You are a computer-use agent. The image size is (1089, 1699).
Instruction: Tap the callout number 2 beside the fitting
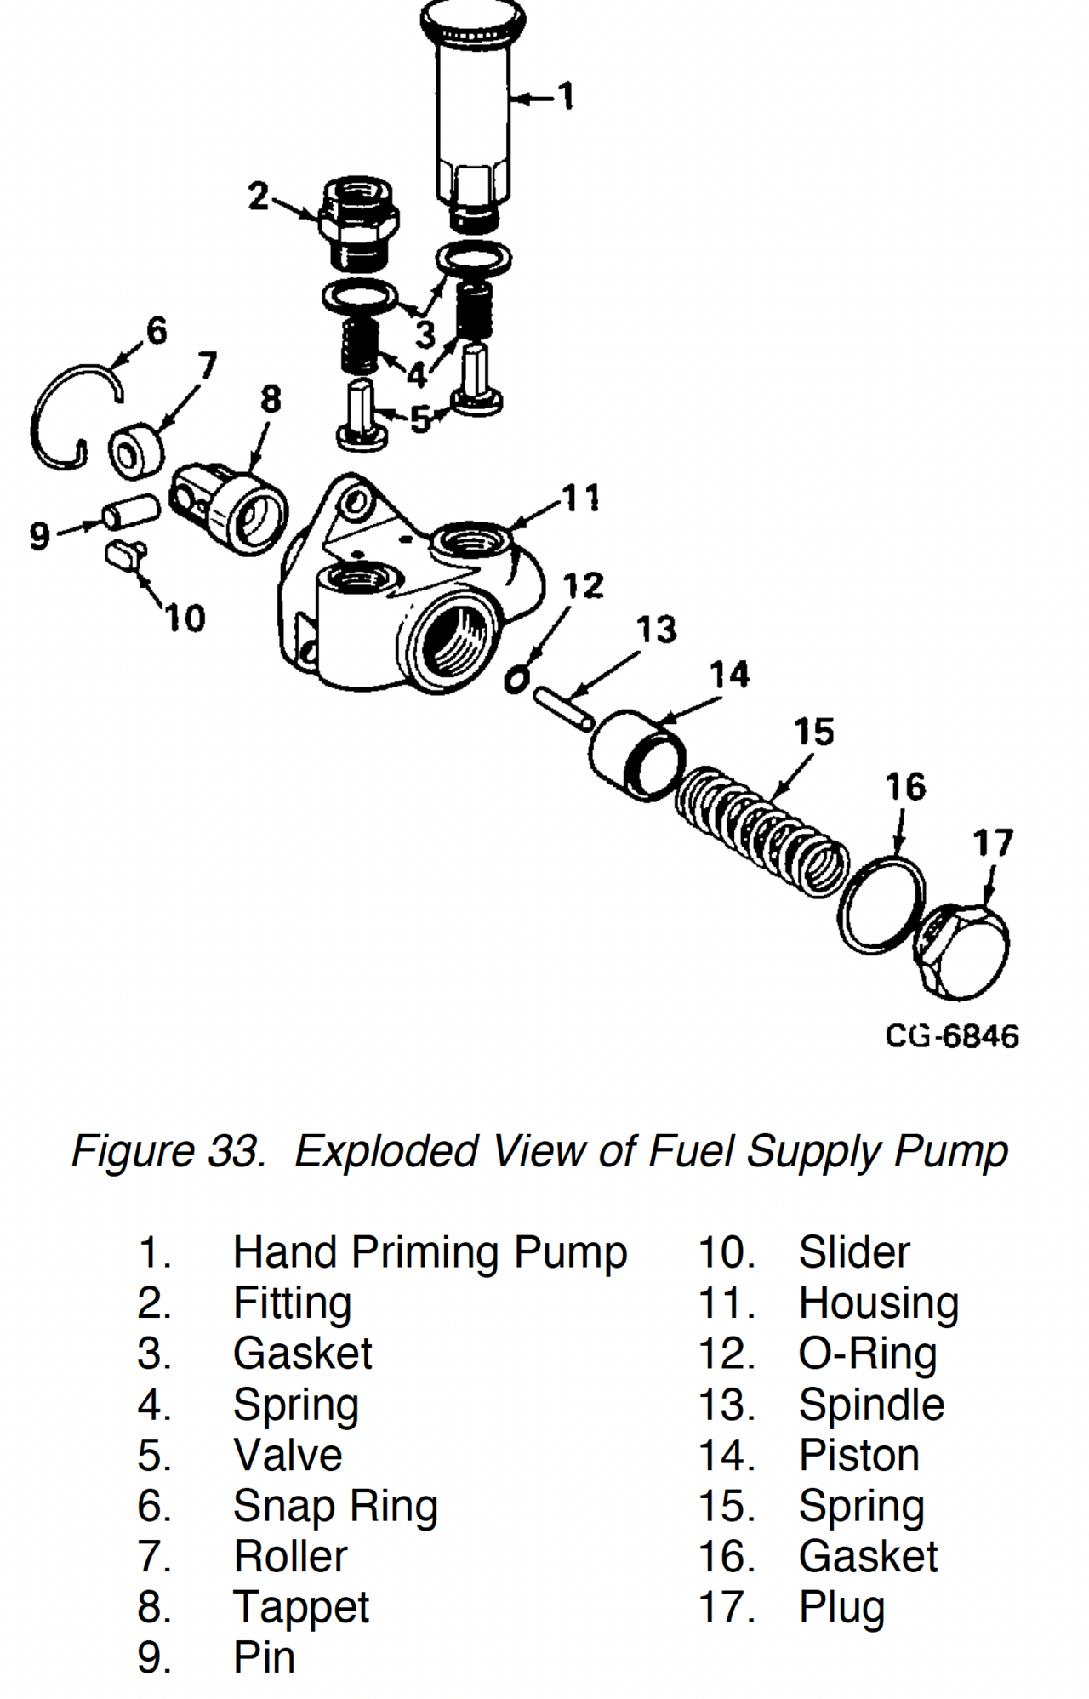(259, 197)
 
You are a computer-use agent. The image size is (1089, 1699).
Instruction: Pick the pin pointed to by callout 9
(129, 513)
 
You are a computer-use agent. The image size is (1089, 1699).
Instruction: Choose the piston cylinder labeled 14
(636, 755)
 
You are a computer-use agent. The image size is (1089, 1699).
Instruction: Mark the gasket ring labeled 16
(882, 906)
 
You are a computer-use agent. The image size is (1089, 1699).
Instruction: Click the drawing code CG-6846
(951, 1036)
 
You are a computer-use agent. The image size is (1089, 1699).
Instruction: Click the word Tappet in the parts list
(301, 1607)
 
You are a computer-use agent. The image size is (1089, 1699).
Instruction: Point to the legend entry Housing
(878, 1303)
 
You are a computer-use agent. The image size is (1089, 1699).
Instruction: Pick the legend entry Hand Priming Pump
(430, 1253)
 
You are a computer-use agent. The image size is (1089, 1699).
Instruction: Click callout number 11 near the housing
(582, 498)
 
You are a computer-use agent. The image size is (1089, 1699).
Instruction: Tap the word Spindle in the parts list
(871, 1405)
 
